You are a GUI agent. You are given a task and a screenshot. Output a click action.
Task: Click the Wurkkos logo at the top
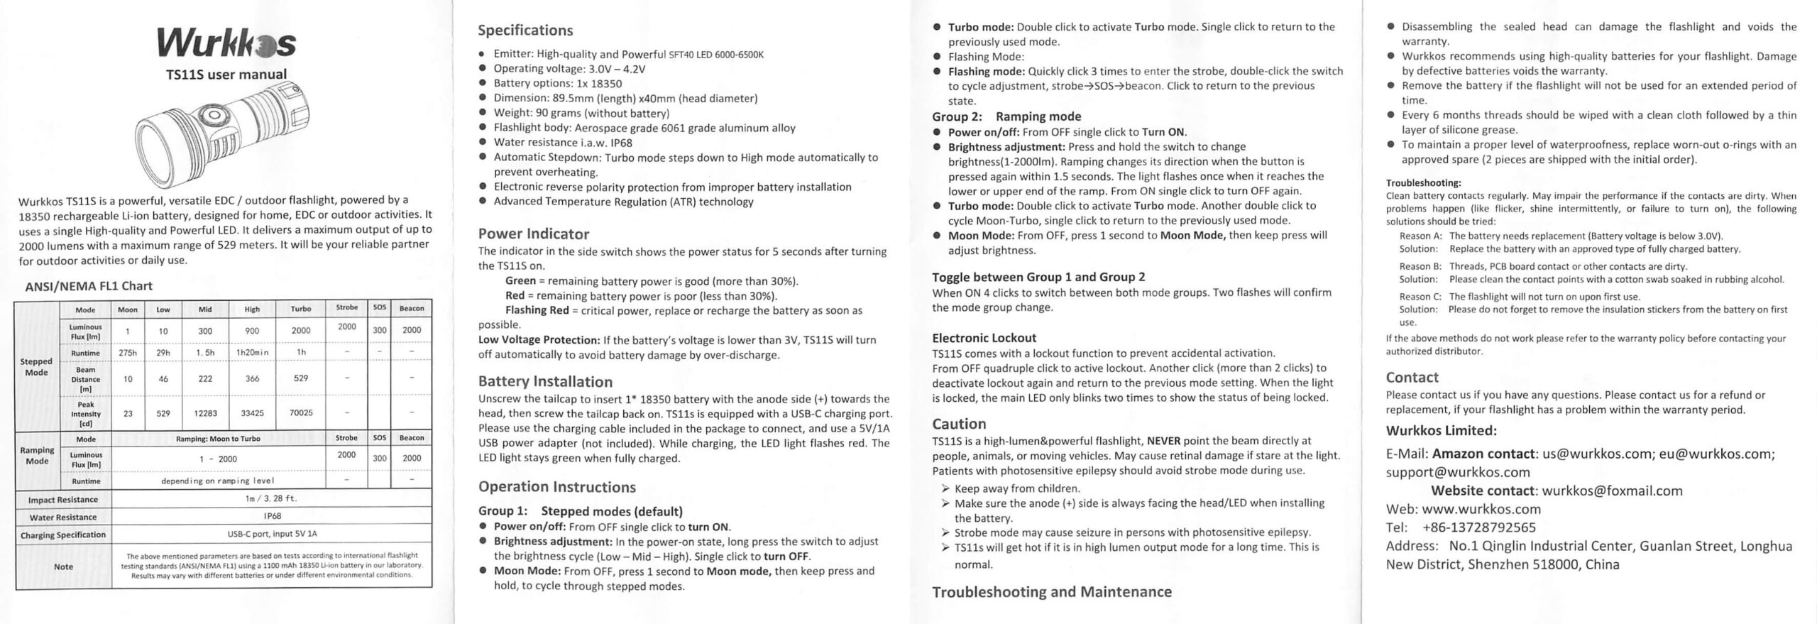coord(226,45)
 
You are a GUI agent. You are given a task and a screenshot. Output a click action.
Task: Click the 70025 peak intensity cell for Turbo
coord(301,412)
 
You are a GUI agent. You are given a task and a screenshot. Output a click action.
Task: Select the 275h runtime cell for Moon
coord(128,353)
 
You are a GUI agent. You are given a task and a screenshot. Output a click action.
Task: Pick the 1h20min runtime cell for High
coord(252,353)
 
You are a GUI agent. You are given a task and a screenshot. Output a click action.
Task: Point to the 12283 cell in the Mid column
coord(205,412)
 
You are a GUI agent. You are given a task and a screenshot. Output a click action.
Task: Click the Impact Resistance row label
coord(62,499)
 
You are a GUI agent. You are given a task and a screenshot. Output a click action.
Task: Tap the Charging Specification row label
coord(62,535)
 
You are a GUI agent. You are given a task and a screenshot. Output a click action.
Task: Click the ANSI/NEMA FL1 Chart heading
coord(89,286)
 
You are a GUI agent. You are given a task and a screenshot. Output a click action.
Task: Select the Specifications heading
coord(525,31)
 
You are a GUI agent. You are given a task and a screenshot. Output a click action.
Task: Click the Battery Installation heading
coord(545,382)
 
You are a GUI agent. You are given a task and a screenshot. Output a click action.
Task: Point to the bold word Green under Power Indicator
coord(520,281)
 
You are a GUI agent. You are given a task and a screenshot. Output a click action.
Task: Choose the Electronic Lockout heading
coord(984,338)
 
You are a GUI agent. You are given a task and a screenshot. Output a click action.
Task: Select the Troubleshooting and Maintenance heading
coord(1052,592)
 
